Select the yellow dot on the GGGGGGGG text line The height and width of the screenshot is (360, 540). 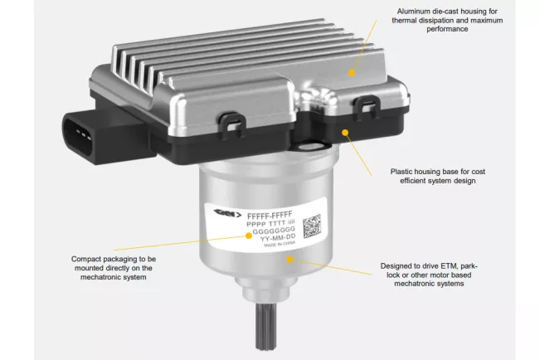[x=249, y=235]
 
